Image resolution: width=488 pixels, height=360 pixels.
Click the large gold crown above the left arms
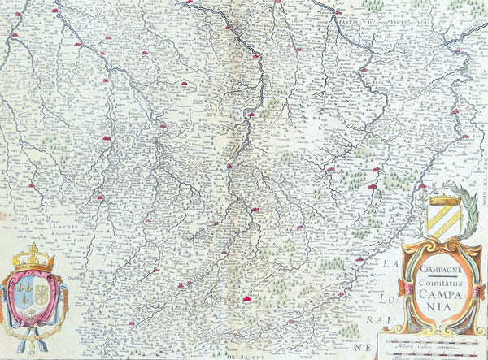33,258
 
